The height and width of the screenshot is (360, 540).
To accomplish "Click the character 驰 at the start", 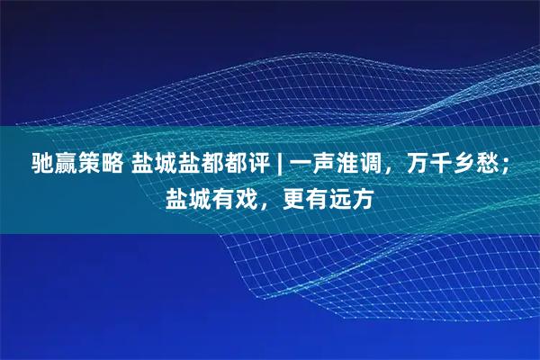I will coord(44,165).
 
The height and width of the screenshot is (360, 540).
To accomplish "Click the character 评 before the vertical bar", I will coord(261,165).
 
